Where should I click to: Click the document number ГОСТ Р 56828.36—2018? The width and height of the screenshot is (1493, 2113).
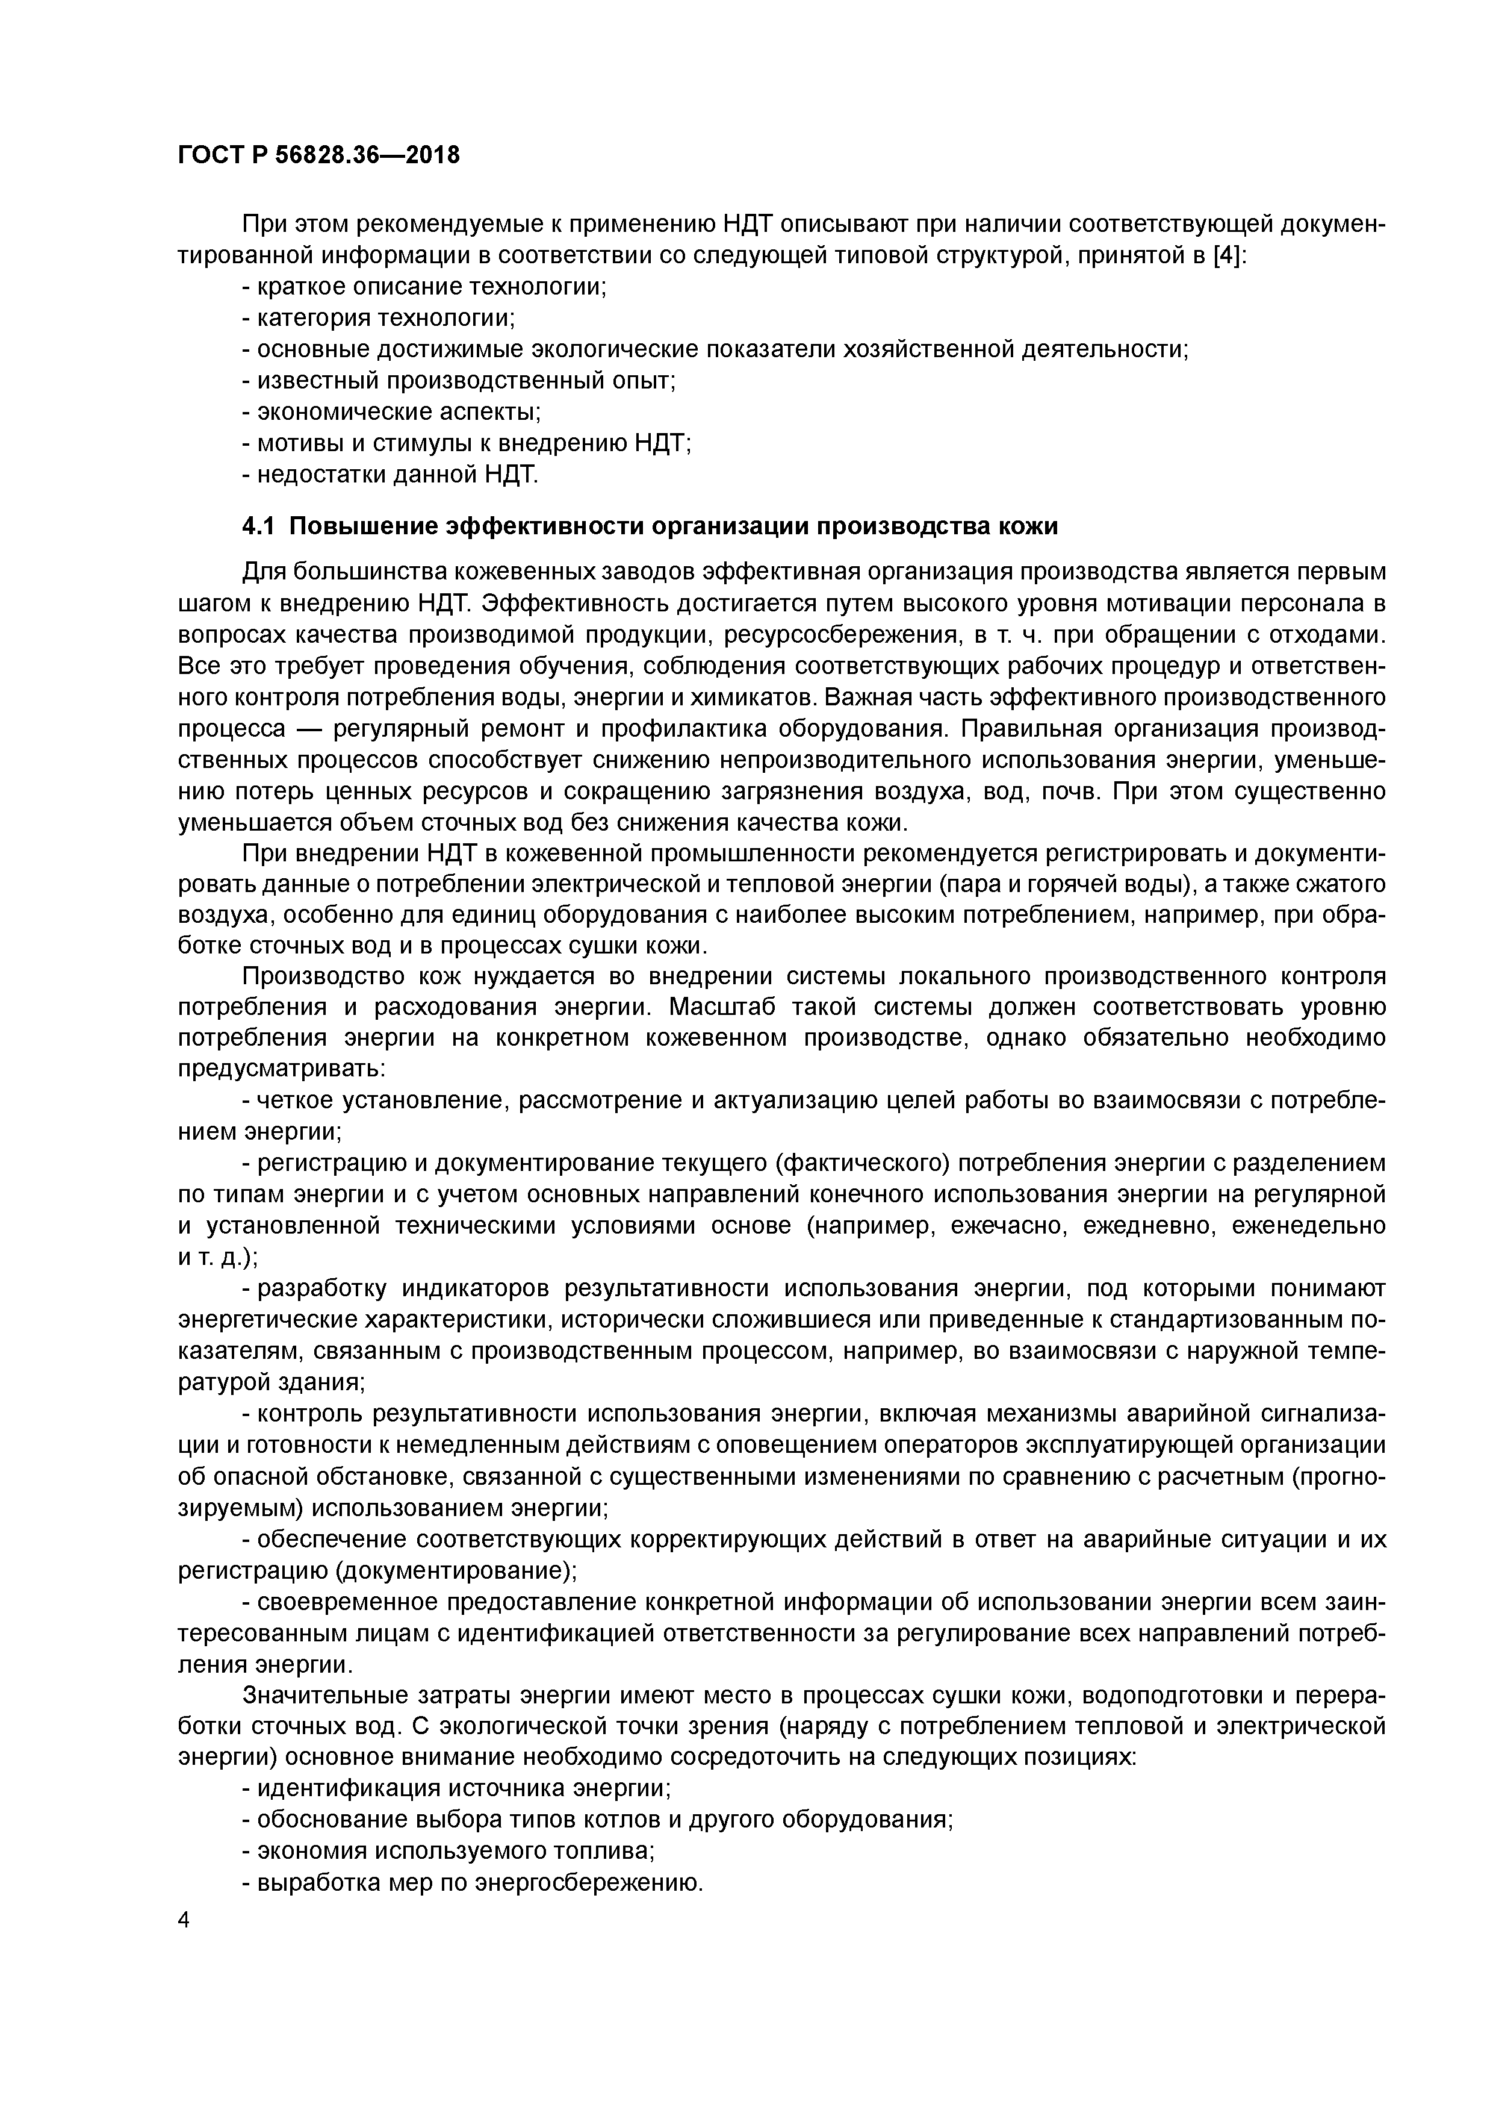(318, 155)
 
